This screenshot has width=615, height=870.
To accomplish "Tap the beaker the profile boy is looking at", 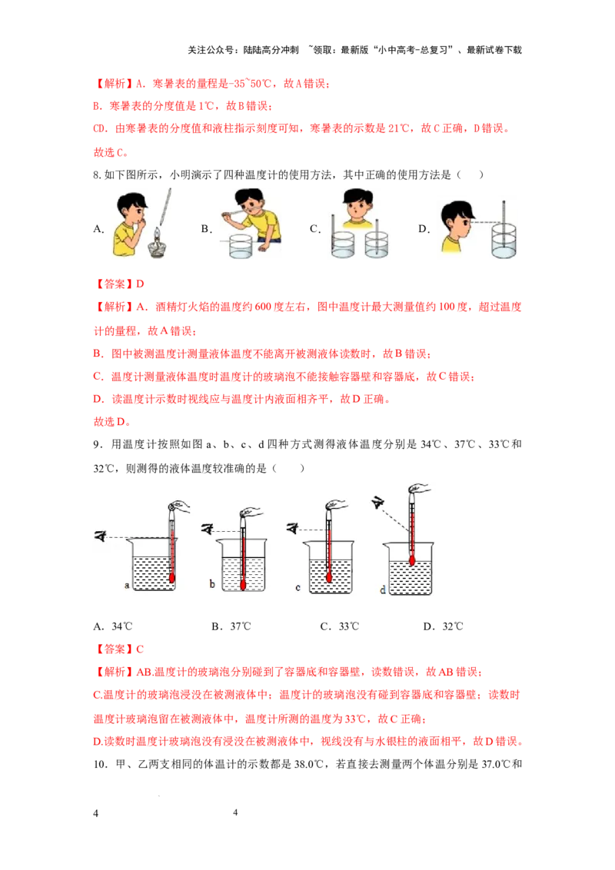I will click(x=503, y=241).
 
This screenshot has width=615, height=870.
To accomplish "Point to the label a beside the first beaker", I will click(x=127, y=586).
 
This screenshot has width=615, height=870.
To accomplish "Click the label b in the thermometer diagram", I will click(x=211, y=586).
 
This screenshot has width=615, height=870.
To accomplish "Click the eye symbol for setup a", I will click(x=99, y=536).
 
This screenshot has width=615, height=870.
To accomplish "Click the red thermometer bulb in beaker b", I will click(x=243, y=583).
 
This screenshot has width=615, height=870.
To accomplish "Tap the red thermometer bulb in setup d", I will click(x=412, y=560).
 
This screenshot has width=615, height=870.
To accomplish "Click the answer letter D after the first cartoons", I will click(x=140, y=283).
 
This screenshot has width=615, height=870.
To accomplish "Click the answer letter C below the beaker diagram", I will click(x=140, y=648).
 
